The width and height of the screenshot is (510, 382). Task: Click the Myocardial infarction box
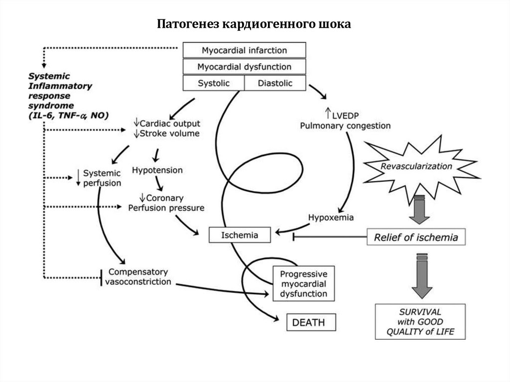244,50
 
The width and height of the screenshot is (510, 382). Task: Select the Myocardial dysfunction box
244,67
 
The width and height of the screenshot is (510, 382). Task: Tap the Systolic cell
214,83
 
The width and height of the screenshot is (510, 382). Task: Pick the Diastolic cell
275,83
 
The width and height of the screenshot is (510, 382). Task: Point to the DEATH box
311,322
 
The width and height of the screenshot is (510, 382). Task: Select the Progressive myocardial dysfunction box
303,284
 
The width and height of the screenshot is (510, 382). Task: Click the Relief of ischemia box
416,237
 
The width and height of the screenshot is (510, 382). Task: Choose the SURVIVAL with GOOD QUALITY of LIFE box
420,322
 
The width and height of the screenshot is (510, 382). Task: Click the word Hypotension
157,170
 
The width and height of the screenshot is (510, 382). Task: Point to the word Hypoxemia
331,218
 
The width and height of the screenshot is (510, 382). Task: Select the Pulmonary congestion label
345,126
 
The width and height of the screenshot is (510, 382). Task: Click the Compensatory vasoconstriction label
138,277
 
